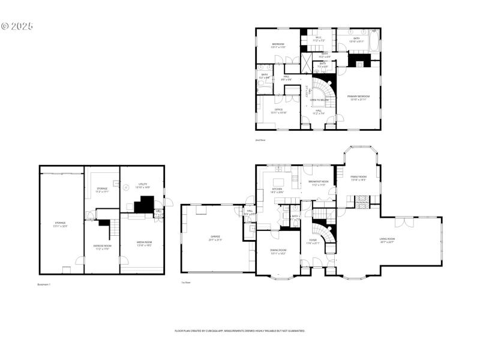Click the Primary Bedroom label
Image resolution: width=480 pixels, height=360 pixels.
tap(359, 97)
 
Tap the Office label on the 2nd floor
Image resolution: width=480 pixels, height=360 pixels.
tap(278, 110)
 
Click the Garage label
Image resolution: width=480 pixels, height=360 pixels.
tap(215, 238)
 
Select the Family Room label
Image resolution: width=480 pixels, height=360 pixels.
tap(359, 177)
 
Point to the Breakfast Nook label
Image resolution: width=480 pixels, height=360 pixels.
tap(319, 182)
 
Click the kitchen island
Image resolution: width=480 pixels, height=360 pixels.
tap(278, 182)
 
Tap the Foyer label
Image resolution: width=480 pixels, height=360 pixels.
tap(313, 242)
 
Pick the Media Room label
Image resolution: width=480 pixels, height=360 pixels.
tap(144, 244)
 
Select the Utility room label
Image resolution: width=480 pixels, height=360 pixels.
tap(143, 185)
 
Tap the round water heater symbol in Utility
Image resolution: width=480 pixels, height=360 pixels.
tap(127, 187)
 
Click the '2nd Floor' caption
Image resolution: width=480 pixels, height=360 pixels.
tap(260, 140)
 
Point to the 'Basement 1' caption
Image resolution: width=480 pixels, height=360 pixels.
tap(44, 284)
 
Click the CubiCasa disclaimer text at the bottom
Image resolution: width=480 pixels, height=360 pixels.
tap(240, 331)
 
